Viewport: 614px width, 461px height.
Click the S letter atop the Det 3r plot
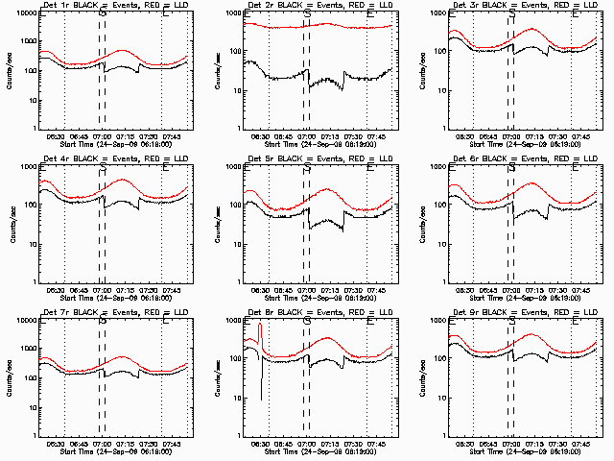(511, 16)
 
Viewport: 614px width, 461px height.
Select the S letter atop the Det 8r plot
(307, 323)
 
